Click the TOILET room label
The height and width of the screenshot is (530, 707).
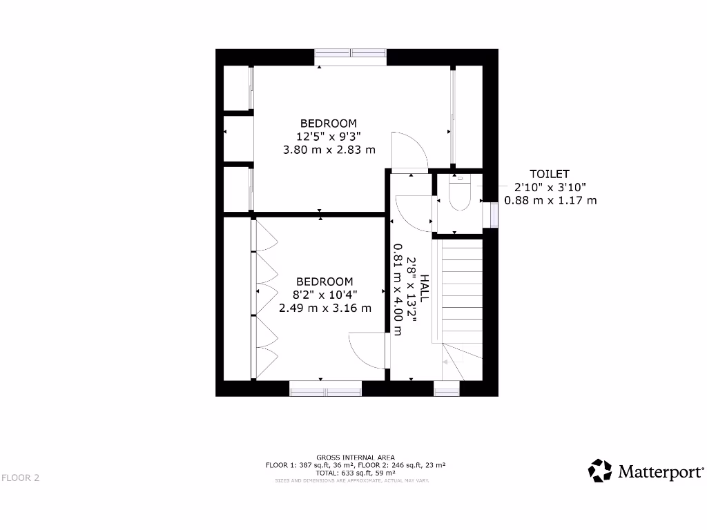click(x=550, y=174)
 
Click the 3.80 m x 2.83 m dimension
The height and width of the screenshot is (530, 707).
click(x=329, y=149)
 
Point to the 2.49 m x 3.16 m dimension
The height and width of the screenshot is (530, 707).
click(x=325, y=308)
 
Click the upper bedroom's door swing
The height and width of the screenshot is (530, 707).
click(x=409, y=151)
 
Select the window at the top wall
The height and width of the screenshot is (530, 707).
click(x=351, y=53)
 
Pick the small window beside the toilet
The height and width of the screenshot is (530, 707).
click(x=494, y=214)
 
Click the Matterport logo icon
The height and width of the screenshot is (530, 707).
click(x=600, y=471)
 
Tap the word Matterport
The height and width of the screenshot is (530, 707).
click(x=660, y=472)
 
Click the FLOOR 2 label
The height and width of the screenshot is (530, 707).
click(x=20, y=478)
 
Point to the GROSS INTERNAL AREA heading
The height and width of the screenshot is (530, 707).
click(x=356, y=458)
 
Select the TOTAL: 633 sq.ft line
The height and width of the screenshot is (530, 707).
click(x=356, y=473)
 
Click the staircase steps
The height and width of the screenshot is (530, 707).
click(x=461, y=290)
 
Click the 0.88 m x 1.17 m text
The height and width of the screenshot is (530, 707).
click(x=550, y=200)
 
